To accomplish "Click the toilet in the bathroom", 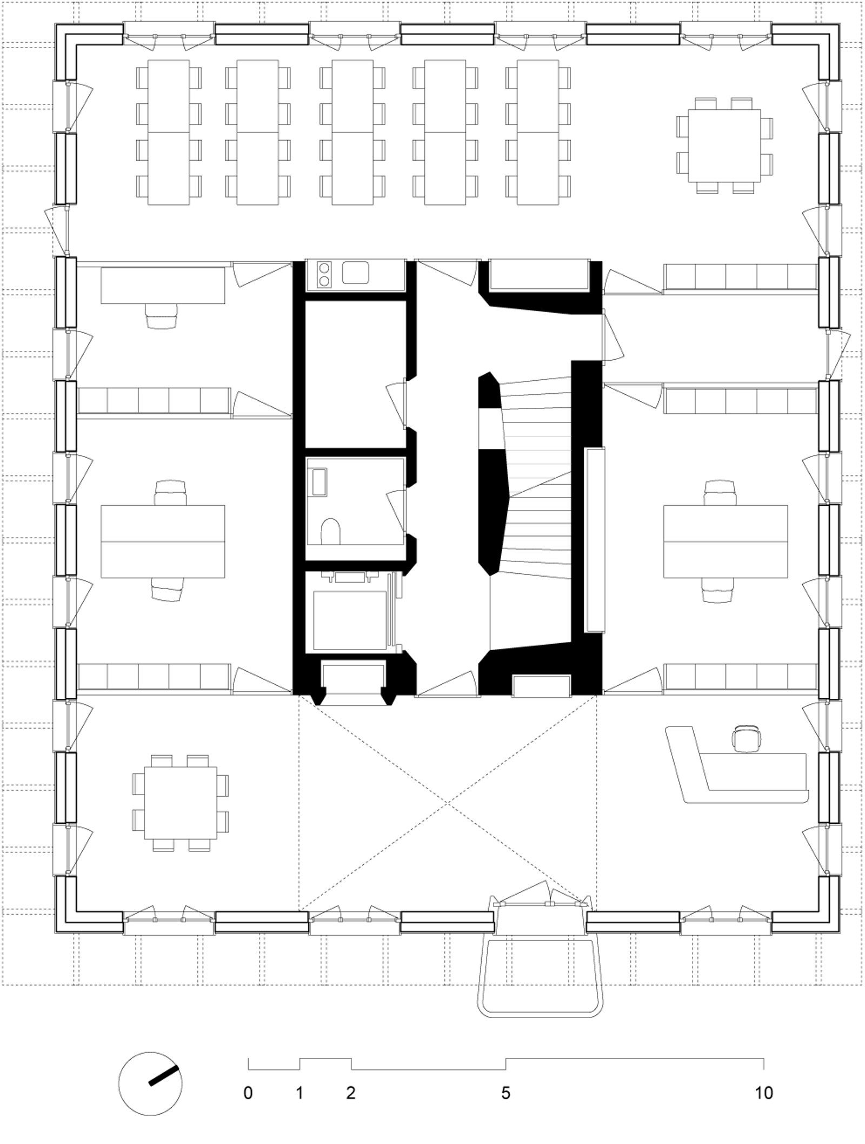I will point(330,531).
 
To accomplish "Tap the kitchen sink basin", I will point(355,273).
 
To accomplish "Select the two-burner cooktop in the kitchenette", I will point(325,274).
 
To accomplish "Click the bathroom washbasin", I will point(318,481).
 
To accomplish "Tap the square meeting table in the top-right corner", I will point(724,146).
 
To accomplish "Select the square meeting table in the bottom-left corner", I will point(180,803).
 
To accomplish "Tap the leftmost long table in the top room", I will point(168,132).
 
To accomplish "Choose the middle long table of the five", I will point(352,132).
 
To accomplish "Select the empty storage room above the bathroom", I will point(355,373).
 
